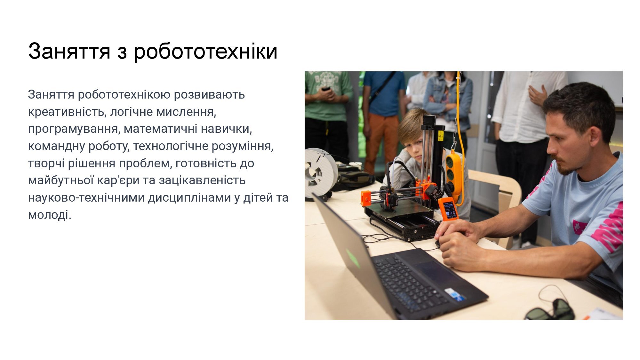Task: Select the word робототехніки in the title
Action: tap(205, 51)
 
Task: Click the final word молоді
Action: tap(50, 215)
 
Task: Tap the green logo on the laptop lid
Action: tap(353, 258)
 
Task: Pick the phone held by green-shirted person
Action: tap(326, 88)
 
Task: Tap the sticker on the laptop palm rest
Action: tap(453, 294)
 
